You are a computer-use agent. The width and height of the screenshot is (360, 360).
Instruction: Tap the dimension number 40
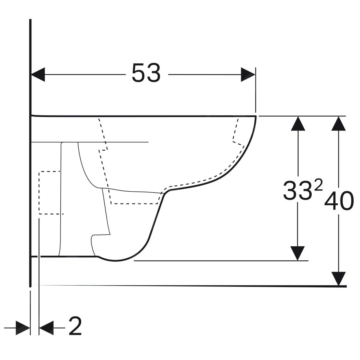pos(339,201)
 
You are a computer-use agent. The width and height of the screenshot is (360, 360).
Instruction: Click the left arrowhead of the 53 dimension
pos(38,74)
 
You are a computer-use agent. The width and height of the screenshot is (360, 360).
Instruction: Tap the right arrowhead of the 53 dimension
pos(248,74)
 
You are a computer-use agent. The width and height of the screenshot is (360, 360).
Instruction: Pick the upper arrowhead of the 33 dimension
pos(298,124)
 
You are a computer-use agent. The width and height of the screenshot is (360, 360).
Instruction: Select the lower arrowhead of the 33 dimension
pos(298,253)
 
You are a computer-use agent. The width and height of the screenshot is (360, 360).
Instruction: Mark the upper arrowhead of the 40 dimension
pos(338,124)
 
